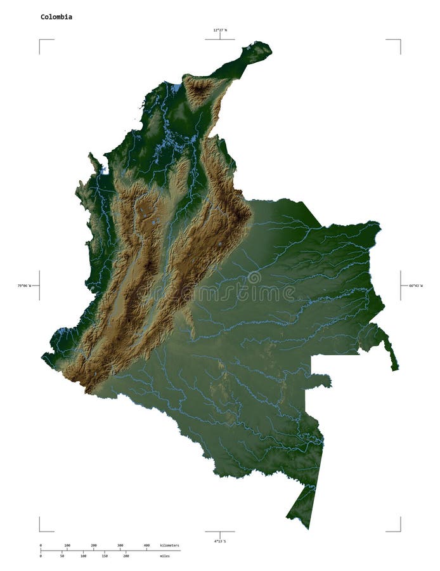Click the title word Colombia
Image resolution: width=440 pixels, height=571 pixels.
pos(56,17)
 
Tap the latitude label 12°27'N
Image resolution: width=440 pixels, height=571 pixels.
pos(220,30)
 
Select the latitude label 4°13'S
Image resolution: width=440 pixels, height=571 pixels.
pos(220,541)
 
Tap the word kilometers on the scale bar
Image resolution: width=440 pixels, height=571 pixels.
pos(170,546)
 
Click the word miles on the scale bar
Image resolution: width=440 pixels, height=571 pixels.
pos(165,556)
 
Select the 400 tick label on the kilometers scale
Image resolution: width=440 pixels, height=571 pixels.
pos(146,546)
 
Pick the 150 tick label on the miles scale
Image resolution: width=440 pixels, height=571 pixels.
pos(105,556)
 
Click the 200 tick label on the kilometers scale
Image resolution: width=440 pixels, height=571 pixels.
pos(94,546)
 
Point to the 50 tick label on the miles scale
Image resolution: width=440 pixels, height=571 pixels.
pos(61,556)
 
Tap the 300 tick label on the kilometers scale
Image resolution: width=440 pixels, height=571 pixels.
pos(120,546)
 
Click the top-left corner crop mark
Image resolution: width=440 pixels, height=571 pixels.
pos(40,40)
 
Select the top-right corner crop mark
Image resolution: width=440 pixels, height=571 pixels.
pos(400,40)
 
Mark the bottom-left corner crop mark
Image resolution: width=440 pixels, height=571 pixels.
pos(40,531)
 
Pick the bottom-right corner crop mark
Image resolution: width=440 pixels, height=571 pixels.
pos(400,531)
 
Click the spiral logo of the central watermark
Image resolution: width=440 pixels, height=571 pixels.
pos(254,277)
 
